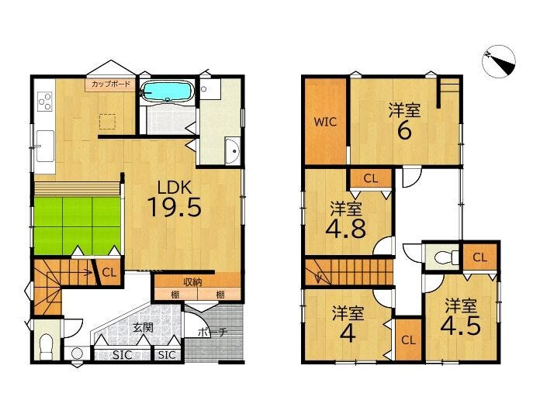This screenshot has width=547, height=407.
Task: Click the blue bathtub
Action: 167,91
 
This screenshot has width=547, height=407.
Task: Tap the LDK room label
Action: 175,188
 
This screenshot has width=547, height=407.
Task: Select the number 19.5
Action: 174,207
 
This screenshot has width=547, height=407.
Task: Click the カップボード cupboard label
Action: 111,84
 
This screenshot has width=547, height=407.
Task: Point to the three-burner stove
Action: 45,101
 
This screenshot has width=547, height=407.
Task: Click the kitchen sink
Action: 45,147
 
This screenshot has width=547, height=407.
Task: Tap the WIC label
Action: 325,122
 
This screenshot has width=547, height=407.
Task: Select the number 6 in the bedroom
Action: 404,131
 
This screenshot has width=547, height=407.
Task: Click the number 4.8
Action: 346,229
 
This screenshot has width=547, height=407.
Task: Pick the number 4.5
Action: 460,326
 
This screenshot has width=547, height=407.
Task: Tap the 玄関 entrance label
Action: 144,328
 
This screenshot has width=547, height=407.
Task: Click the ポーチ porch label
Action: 213,332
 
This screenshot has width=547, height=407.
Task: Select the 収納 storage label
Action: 193,281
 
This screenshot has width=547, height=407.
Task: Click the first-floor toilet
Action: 46,347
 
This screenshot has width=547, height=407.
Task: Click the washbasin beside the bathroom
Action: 232,151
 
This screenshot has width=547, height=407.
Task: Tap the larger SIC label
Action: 123,355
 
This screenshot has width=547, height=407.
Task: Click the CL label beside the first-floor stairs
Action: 109,272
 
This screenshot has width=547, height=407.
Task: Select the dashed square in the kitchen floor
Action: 107,122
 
